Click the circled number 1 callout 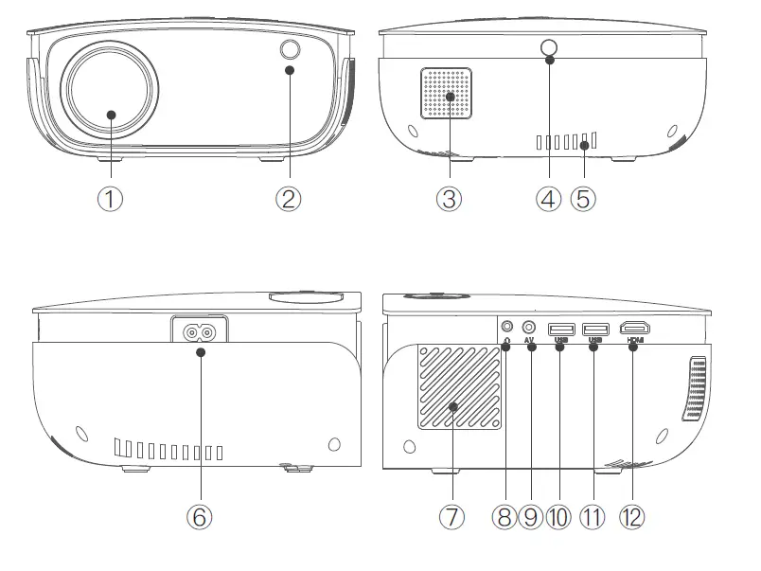[111, 199]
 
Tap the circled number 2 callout [290, 199]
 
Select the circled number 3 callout [449, 199]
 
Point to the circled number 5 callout [584, 199]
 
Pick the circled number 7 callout [451, 517]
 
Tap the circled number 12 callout [631, 517]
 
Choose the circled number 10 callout [559, 517]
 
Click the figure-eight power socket [200, 331]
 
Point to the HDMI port [632, 328]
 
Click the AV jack [529, 327]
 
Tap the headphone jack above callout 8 [506, 327]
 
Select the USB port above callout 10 [560, 328]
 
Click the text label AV [529, 340]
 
